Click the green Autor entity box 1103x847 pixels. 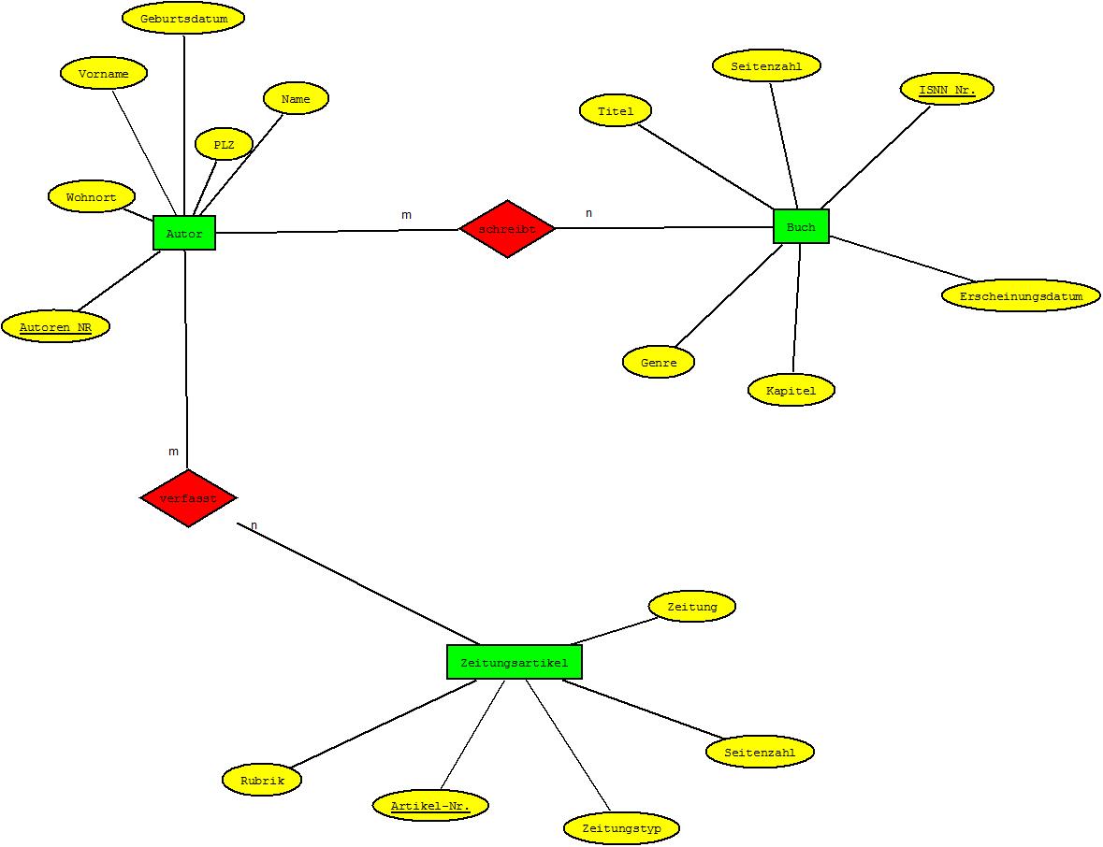(184, 233)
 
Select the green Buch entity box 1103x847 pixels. (801, 226)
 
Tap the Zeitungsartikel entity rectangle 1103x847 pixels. (515, 662)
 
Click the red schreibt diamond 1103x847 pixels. (507, 229)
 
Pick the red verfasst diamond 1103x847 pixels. (189, 498)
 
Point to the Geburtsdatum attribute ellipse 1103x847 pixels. (183, 19)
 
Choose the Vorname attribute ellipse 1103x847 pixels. (104, 74)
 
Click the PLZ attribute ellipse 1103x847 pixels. (224, 145)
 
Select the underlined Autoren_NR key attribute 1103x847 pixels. (55, 327)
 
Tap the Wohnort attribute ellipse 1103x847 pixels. (92, 197)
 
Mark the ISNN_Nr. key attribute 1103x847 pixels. (947, 89)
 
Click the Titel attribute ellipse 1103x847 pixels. (616, 111)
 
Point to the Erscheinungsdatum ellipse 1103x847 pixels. (1021, 296)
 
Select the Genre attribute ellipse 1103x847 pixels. (660, 363)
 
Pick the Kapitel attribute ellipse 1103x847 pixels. (791, 390)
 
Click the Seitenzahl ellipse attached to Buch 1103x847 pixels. (766, 66)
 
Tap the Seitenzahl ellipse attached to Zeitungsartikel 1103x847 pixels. (760, 752)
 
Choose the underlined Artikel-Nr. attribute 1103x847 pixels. (429, 806)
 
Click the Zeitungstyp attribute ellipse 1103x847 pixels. (622, 828)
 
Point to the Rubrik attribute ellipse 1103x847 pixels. (262, 781)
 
